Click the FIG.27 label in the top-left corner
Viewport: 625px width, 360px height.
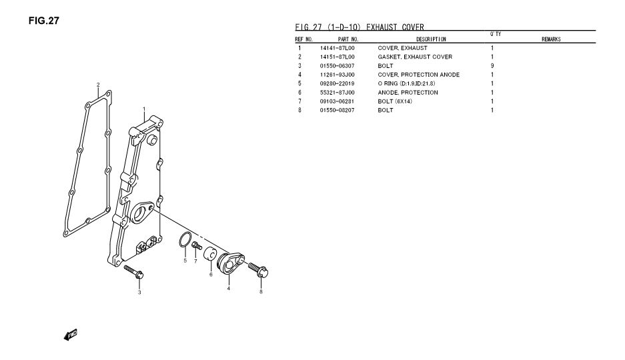coord(44,21)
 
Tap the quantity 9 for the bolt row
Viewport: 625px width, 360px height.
coord(492,66)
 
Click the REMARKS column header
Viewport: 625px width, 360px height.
coord(550,40)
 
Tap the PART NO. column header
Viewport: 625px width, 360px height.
coord(348,40)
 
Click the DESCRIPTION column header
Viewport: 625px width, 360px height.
coord(431,40)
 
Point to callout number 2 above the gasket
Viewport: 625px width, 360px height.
coord(98,85)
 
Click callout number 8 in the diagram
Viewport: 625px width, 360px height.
coord(261,291)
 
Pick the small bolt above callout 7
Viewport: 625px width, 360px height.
coord(196,247)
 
